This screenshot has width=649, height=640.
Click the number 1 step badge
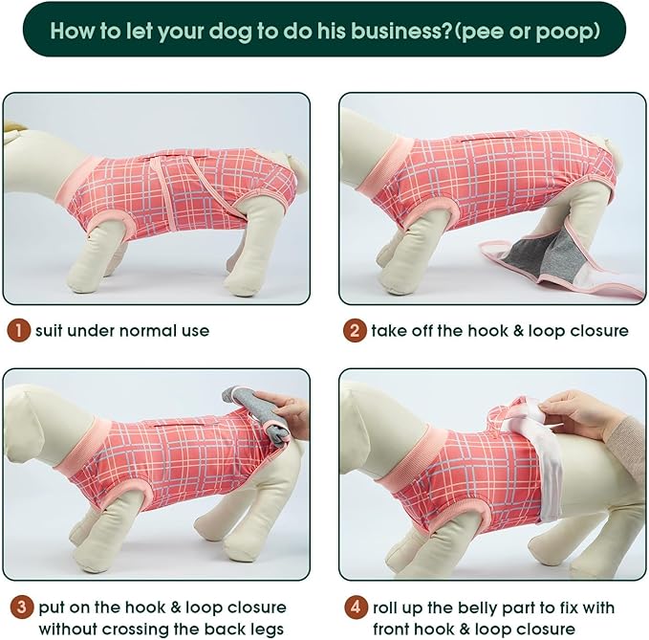(x=18, y=331)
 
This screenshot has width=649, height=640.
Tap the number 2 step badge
(x=355, y=331)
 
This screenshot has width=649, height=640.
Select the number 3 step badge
(x=22, y=607)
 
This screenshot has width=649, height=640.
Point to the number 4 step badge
(x=356, y=607)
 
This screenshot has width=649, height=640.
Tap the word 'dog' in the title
(x=231, y=31)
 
